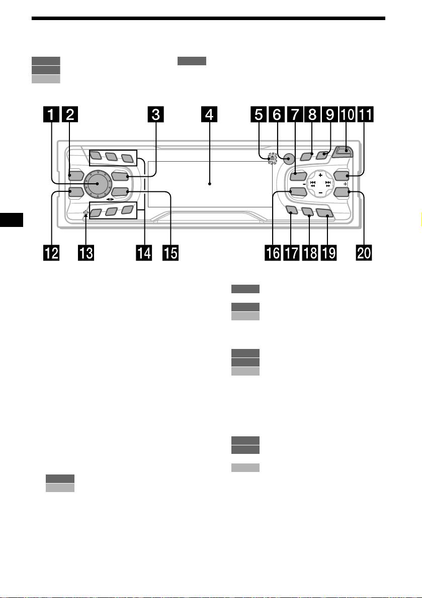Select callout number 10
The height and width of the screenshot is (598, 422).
(347, 115)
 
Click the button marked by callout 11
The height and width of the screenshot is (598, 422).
(341, 176)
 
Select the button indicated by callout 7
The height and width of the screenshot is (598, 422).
(298, 176)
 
